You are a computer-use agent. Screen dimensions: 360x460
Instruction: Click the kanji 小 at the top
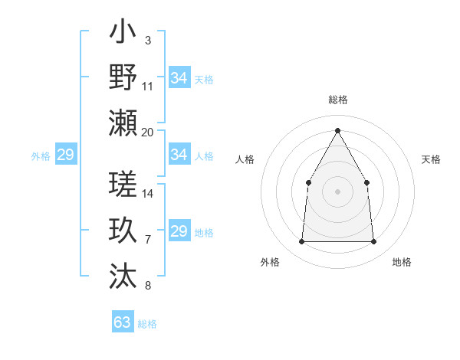(123, 34)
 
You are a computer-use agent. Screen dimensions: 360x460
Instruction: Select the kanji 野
(123, 77)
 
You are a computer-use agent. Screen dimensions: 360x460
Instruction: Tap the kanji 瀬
(123, 123)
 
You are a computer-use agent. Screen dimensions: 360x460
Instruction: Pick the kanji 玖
(123, 231)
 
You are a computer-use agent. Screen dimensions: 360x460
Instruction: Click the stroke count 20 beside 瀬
(148, 133)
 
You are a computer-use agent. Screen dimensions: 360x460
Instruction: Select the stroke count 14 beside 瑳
(148, 194)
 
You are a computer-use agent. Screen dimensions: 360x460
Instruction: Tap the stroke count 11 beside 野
(148, 87)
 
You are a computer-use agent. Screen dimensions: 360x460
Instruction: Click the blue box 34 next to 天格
(179, 78)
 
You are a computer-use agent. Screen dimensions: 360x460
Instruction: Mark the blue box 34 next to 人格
(179, 155)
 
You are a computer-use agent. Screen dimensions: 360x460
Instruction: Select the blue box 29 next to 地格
(179, 231)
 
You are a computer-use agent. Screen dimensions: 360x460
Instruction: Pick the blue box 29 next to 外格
(65, 155)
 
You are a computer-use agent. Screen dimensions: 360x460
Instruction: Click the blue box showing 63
(122, 322)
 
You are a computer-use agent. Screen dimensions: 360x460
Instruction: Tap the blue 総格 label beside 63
(147, 324)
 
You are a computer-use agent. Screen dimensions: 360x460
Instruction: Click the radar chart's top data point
(337, 129)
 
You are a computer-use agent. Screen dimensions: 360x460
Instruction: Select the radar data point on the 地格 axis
(374, 242)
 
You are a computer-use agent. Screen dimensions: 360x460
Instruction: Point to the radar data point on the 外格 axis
(301, 242)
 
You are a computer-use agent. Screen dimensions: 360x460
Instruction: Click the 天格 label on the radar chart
(431, 159)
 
